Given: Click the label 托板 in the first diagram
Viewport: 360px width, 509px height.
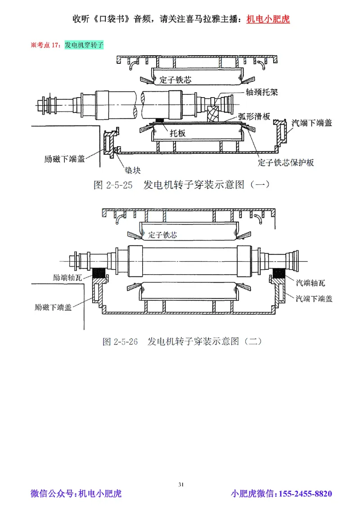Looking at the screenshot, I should pyautogui.click(x=178, y=134).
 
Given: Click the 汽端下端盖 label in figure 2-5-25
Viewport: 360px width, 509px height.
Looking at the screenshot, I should pyautogui.click(x=312, y=122).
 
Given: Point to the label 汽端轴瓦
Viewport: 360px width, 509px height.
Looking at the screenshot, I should pyautogui.click(x=310, y=283).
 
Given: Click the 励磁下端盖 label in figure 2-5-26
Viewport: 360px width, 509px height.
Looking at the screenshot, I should pyautogui.click(x=52, y=308).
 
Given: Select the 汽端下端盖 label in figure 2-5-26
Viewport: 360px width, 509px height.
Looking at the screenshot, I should pyautogui.click(x=314, y=298).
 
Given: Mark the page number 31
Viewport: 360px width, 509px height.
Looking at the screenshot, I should pyautogui.click(x=181, y=484).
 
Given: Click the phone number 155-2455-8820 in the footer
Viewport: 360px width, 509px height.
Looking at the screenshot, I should pyautogui.click(x=306, y=494).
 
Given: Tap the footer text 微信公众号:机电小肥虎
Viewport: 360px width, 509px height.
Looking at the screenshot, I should pyautogui.click(x=76, y=494).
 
